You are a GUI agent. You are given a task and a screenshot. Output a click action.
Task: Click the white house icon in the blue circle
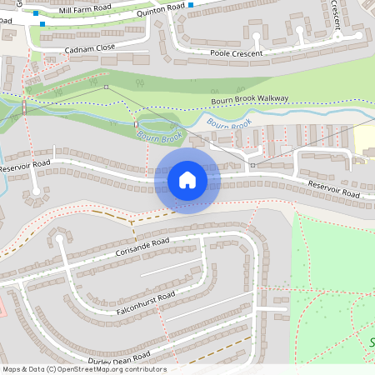[x=187, y=179]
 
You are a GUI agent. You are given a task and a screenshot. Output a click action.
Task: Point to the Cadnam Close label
[x=90, y=48]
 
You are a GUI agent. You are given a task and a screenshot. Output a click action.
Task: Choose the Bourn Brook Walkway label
[x=249, y=100]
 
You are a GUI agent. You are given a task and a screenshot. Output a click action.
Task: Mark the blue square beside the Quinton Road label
[x=191, y=5]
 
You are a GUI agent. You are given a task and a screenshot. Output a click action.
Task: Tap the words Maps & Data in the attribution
[x=22, y=369]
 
